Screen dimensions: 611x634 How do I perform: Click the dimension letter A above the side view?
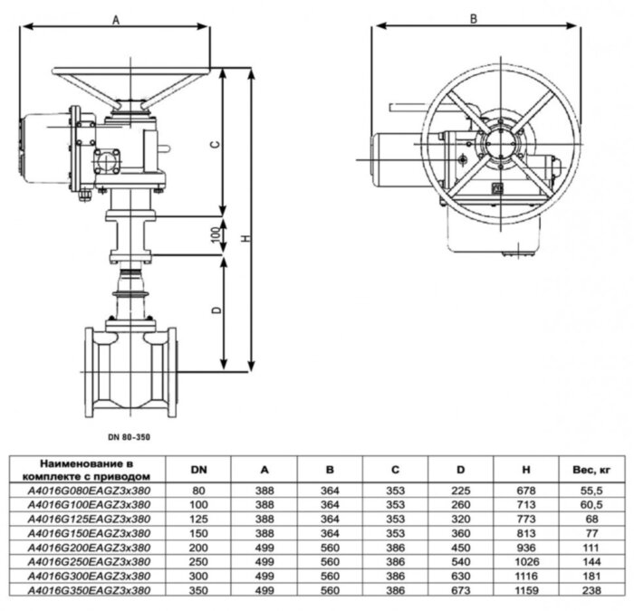point(116,17)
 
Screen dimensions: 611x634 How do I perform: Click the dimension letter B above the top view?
point(473,17)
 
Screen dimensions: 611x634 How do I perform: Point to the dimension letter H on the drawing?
point(247,238)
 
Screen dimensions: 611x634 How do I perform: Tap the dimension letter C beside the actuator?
point(214,145)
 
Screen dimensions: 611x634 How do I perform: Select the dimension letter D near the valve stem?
point(215,310)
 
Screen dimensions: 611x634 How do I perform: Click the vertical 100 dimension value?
point(215,233)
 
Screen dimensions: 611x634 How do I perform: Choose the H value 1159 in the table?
point(528,589)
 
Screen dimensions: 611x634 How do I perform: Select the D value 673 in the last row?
point(461,589)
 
